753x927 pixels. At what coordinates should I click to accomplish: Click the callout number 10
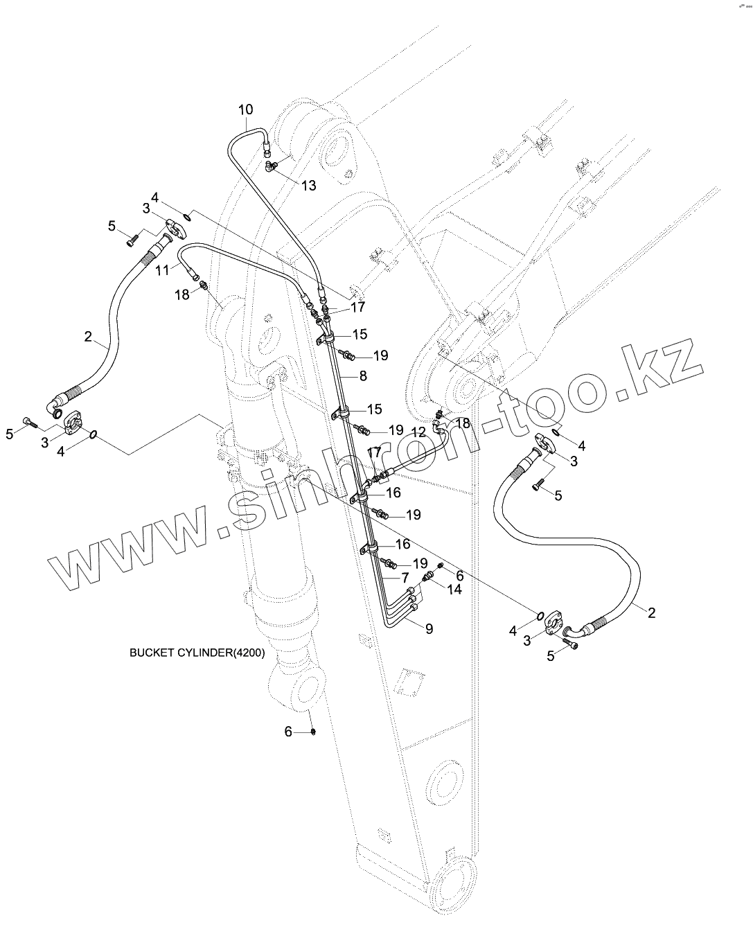pyautogui.click(x=246, y=109)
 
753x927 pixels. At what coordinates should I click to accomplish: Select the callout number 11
pyautogui.click(x=162, y=270)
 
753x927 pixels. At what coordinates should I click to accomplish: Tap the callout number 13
pyautogui.click(x=308, y=185)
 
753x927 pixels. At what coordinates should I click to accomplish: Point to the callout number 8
pyautogui.click(x=363, y=376)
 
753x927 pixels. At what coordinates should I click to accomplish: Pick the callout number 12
pyautogui.click(x=418, y=432)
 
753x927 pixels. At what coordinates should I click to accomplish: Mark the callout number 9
pyautogui.click(x=429, y=629)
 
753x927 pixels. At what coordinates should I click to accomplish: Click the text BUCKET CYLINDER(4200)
pyautogui.click(x=197, y=653)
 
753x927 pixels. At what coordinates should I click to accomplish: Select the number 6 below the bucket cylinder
pyautogui.click(x=289, y=731)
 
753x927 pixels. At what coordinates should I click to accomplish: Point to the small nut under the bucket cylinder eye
pyautogui.click(x=313, y=732)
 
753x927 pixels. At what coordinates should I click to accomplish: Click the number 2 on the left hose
pyautogui.click(x=88, y=337)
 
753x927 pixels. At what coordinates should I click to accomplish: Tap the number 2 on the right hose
pyautogui.click(x=652, y=612)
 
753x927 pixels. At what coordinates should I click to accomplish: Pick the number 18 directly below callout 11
pyautogui.click(x=181, y=294)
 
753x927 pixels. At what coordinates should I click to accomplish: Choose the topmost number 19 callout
pyautogui.click(x=380, y=355)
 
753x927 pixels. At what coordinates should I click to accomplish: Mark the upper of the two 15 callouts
pyautogui.click(x=360, y=335)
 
